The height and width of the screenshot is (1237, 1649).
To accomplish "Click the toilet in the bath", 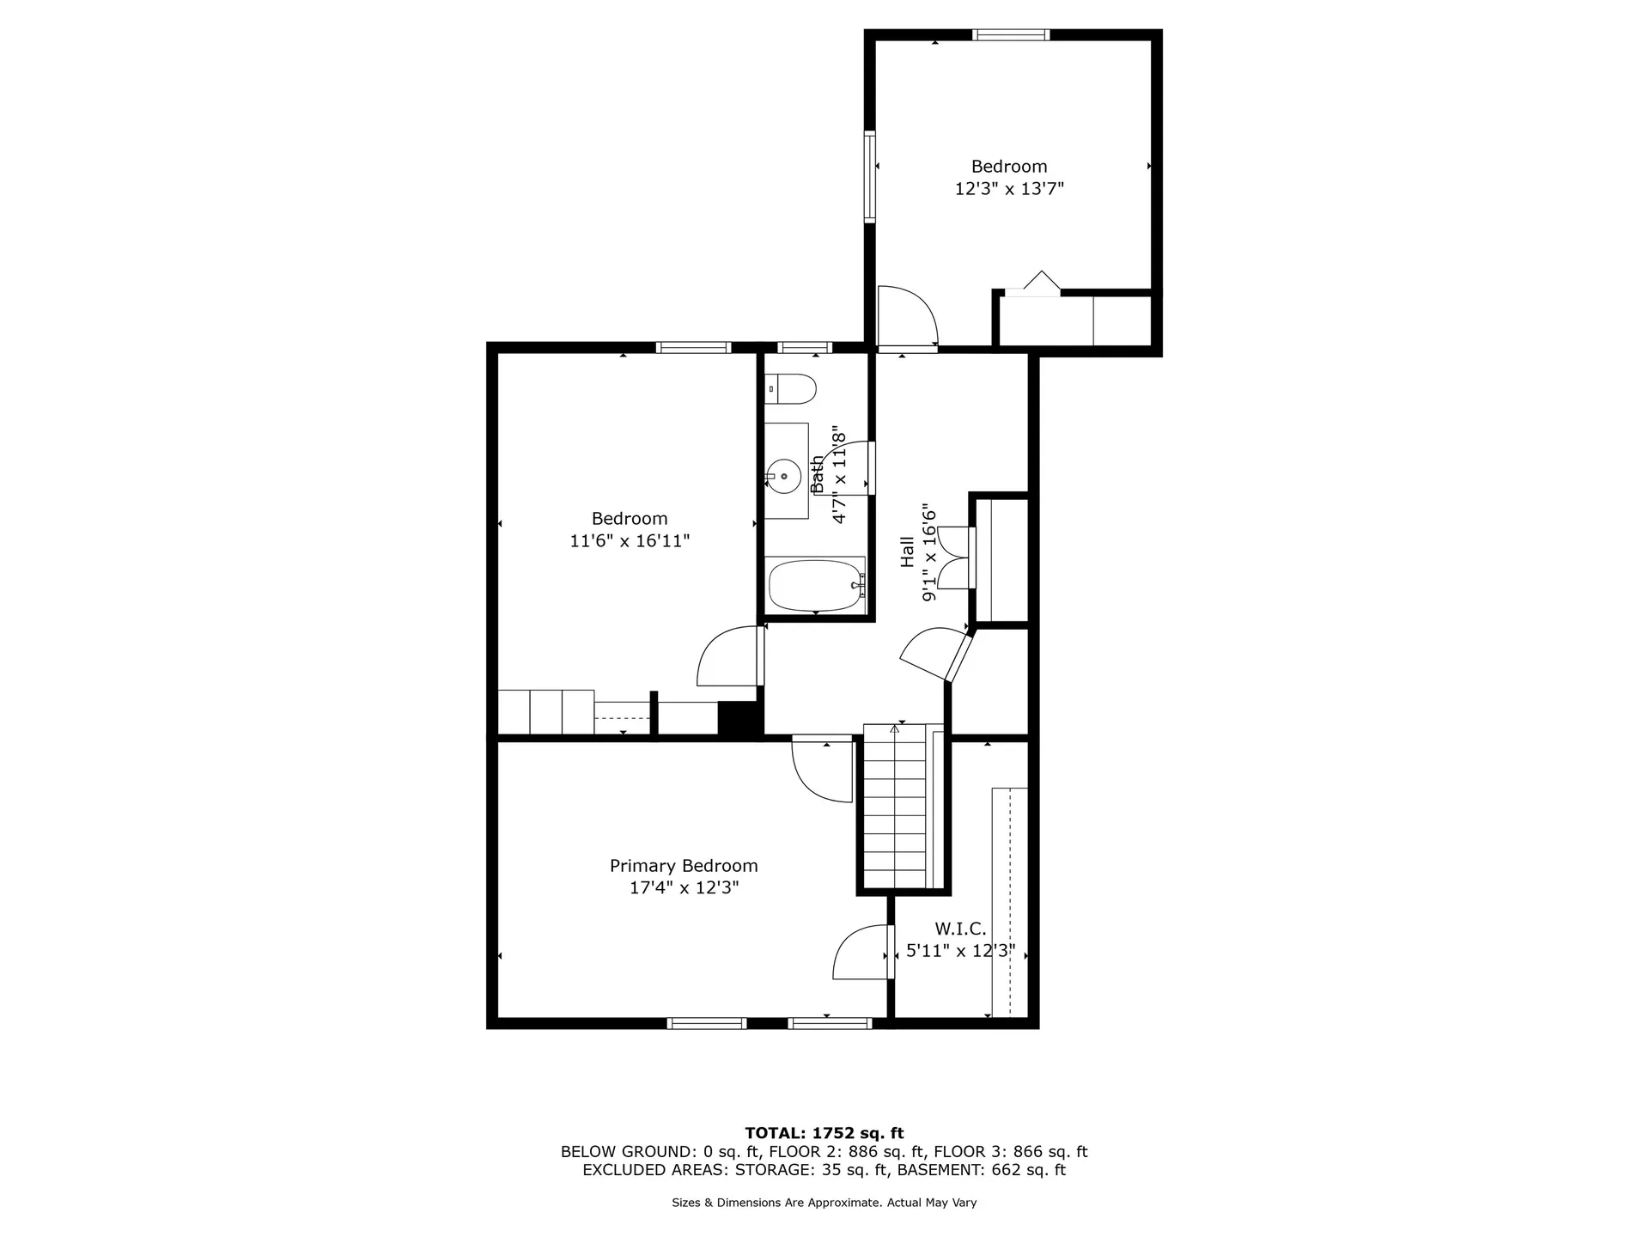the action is click(789, 389).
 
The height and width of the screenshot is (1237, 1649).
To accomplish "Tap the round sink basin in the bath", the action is click(783, 475).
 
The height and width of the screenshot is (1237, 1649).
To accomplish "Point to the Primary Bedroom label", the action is click(684, 866).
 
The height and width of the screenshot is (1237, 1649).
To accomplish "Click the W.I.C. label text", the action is click(960, 929).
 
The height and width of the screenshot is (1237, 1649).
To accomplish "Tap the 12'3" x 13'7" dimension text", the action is click(1009, 189).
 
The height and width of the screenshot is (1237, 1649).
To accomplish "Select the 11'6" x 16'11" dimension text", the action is click(630, 541).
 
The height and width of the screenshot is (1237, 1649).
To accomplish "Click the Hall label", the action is click(907, 552).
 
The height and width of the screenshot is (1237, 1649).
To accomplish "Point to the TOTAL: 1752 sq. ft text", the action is click(824, 1133).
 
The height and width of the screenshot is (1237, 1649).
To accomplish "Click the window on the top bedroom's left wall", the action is click(870, 176).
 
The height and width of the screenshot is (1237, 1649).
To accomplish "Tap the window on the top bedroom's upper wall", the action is click(1011, 35).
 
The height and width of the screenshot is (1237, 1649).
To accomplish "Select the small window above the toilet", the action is click(805, 348).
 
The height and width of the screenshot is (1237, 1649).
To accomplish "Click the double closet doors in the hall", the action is click(956, 558).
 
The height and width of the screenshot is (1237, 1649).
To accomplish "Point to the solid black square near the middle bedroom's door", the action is click(740, 719).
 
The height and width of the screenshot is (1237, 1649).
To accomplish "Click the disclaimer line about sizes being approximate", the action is click(824, 1203).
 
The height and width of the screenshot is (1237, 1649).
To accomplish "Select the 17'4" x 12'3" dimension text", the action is click(684, 888).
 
